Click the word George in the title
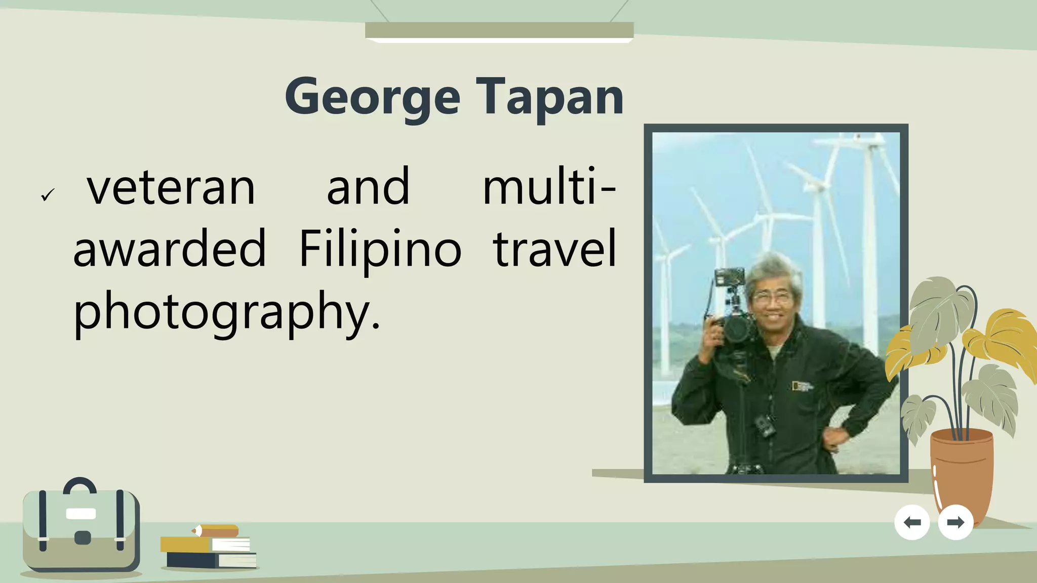(372, 97)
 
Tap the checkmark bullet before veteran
(48, 194)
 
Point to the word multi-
(549, 187)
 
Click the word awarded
(170, 248)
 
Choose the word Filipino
(380, 249)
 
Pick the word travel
(554, 248)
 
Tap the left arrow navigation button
(912, 522)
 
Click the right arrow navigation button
(955, 522)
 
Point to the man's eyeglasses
(772, 297)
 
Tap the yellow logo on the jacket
(801, 386)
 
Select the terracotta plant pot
(961, 471)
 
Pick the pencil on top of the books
(215, 531)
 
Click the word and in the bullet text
(368, 187)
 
